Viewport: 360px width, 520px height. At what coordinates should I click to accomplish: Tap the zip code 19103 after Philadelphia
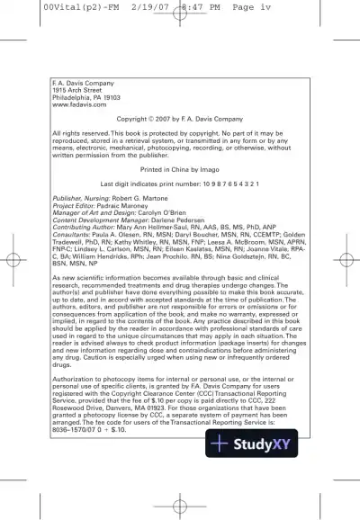coord(110,98)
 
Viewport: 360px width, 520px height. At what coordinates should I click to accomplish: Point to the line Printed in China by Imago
coord(180,169)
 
